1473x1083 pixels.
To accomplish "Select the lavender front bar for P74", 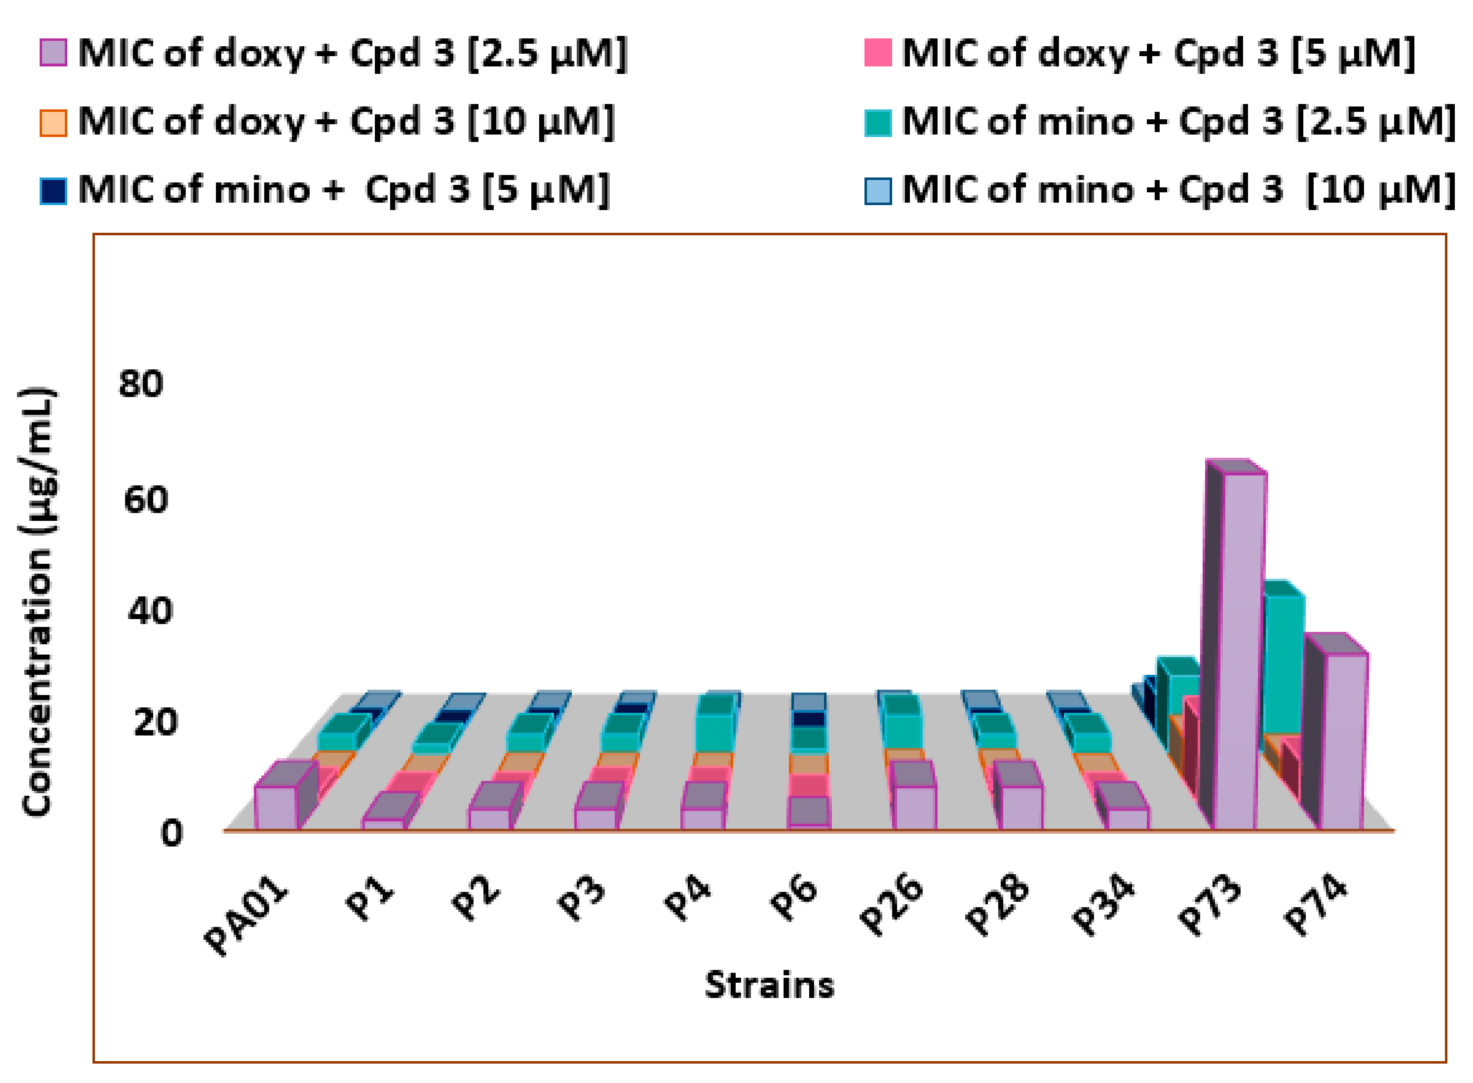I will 1343,741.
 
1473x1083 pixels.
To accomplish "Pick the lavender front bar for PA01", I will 275,808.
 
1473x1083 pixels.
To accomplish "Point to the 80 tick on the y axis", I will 140,383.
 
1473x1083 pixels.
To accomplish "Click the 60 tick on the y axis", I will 146,500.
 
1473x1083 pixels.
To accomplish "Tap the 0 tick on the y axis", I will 171,834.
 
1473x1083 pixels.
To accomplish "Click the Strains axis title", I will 769,985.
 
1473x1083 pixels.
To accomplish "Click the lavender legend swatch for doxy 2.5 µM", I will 53,52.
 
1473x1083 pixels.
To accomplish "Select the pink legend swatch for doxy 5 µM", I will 878,52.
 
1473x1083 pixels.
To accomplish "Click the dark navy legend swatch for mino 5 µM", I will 53,191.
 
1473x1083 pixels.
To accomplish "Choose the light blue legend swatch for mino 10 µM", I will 878,191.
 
